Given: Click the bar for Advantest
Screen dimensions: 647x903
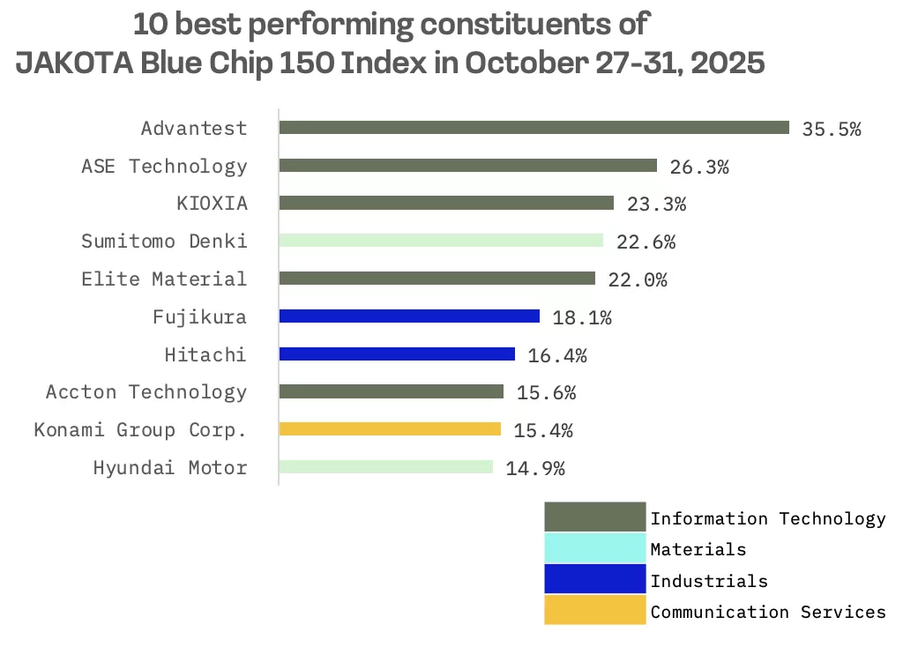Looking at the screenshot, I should (x=534, y=128).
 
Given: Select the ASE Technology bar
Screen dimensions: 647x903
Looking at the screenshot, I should (x=467, y=166).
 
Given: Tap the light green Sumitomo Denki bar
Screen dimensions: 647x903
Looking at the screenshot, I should (x=441, y=241).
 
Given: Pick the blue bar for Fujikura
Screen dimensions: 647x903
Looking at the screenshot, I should (x=409, y=316).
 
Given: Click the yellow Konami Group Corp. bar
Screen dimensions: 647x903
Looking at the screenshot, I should (x=390, y=429).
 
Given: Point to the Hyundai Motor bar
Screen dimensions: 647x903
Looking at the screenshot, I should (x=385, y=467).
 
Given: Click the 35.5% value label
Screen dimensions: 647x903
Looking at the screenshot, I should (x=831, y=129).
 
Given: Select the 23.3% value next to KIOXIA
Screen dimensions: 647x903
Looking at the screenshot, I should (x=656, y=205).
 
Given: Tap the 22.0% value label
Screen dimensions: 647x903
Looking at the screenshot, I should (x=638, y=280).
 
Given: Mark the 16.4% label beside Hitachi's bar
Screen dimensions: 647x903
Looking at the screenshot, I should (x=557, y=356).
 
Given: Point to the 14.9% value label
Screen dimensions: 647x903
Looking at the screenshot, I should (x=535, y=469).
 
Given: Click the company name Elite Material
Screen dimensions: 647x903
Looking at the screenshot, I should (x=164, y=279).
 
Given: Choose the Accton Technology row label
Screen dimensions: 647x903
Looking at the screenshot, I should (x=146, y=392).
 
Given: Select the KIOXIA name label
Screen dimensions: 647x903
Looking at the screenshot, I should (x=212, y=204).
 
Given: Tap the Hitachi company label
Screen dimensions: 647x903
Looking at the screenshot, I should (x=205, y=355).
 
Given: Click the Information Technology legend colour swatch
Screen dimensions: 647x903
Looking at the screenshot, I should (x=594, y=517).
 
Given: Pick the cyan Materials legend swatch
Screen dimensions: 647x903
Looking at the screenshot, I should (x=594, y=548).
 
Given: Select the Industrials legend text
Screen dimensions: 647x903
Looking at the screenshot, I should (x=709, y=581).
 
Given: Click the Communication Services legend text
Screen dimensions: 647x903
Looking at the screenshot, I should (x=767, y=612).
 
